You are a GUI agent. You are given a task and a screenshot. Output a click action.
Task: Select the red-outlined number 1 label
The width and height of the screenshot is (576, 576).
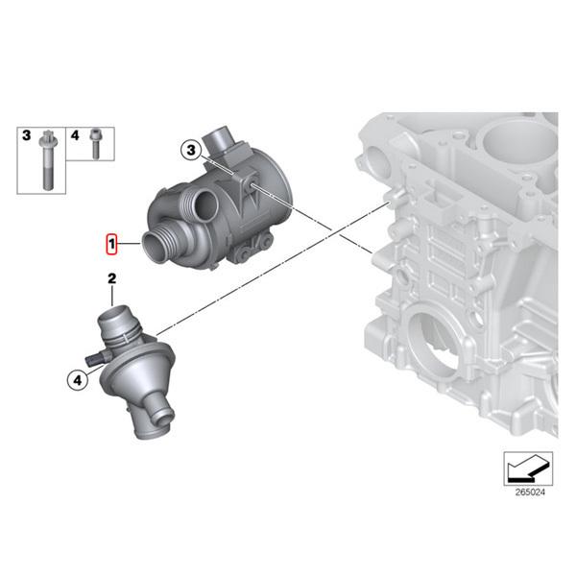(x=111, y=245)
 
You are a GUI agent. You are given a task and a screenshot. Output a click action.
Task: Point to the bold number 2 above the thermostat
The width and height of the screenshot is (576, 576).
(x=111, y=279)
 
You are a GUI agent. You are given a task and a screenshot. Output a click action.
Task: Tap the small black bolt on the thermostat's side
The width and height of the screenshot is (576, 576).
(x=94, y=359)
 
